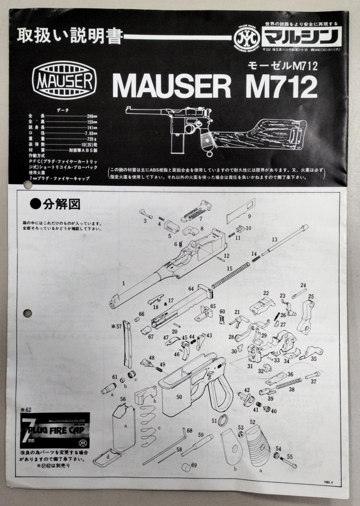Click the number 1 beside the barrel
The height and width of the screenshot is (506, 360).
[x=124, y=283]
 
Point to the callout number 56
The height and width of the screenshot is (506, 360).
[x=123, y=399]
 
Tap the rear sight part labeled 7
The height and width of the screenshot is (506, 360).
[x=197, y=211]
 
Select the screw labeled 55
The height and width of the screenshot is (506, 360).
[x=288, y=463]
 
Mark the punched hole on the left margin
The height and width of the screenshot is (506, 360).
[x=27, y=313]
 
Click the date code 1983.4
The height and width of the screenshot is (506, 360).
[x=329, y=481]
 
